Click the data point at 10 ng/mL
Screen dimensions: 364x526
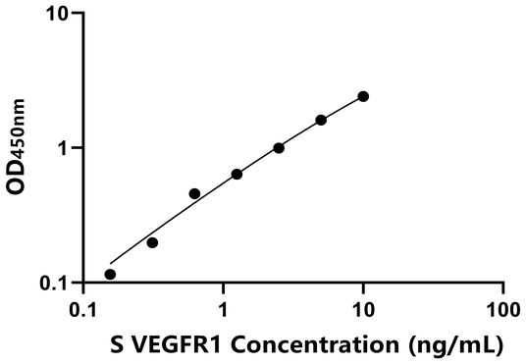(x=363, y=96)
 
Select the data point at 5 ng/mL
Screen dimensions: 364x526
(x=321, y=120)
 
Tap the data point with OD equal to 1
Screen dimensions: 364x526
(x=279, y=148)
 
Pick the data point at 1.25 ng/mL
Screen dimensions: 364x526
(x=237, y=174)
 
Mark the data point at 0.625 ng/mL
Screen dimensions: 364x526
(x=194, y=193)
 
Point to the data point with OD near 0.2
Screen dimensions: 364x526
(x=152, y=242)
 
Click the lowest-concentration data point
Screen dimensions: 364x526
(x=110, y=275)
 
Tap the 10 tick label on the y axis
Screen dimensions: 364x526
(x=59, y=15)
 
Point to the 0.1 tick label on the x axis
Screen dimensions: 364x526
(x=83, y=308)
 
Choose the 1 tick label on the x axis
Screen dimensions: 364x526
(x=224, y=308)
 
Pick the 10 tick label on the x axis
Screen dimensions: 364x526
(x=363, y=308)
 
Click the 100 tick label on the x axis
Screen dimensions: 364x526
(x=502, y=308)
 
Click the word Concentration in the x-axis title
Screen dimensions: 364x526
(x=311, y=344)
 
